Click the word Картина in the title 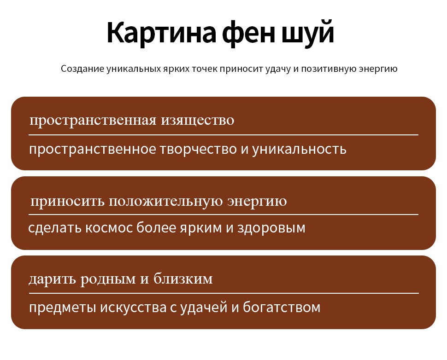(x=162, y=32)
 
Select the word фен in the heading (x=249, y=32)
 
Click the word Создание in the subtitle (x=82, y=69)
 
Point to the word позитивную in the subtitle (x=329, y=69)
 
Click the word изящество (x=198, y=120)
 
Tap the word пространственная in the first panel (x=93, y=120)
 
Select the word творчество (x=198, y=149)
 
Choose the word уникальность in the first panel (x=300, y=149)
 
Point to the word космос (x=109, y=228)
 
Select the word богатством (x=282, y=307)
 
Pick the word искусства (x=134, y=308)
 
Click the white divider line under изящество (x=223, y=135)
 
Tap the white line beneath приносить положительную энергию (x=223, y=215)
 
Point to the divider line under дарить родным (x=224, y=293)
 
